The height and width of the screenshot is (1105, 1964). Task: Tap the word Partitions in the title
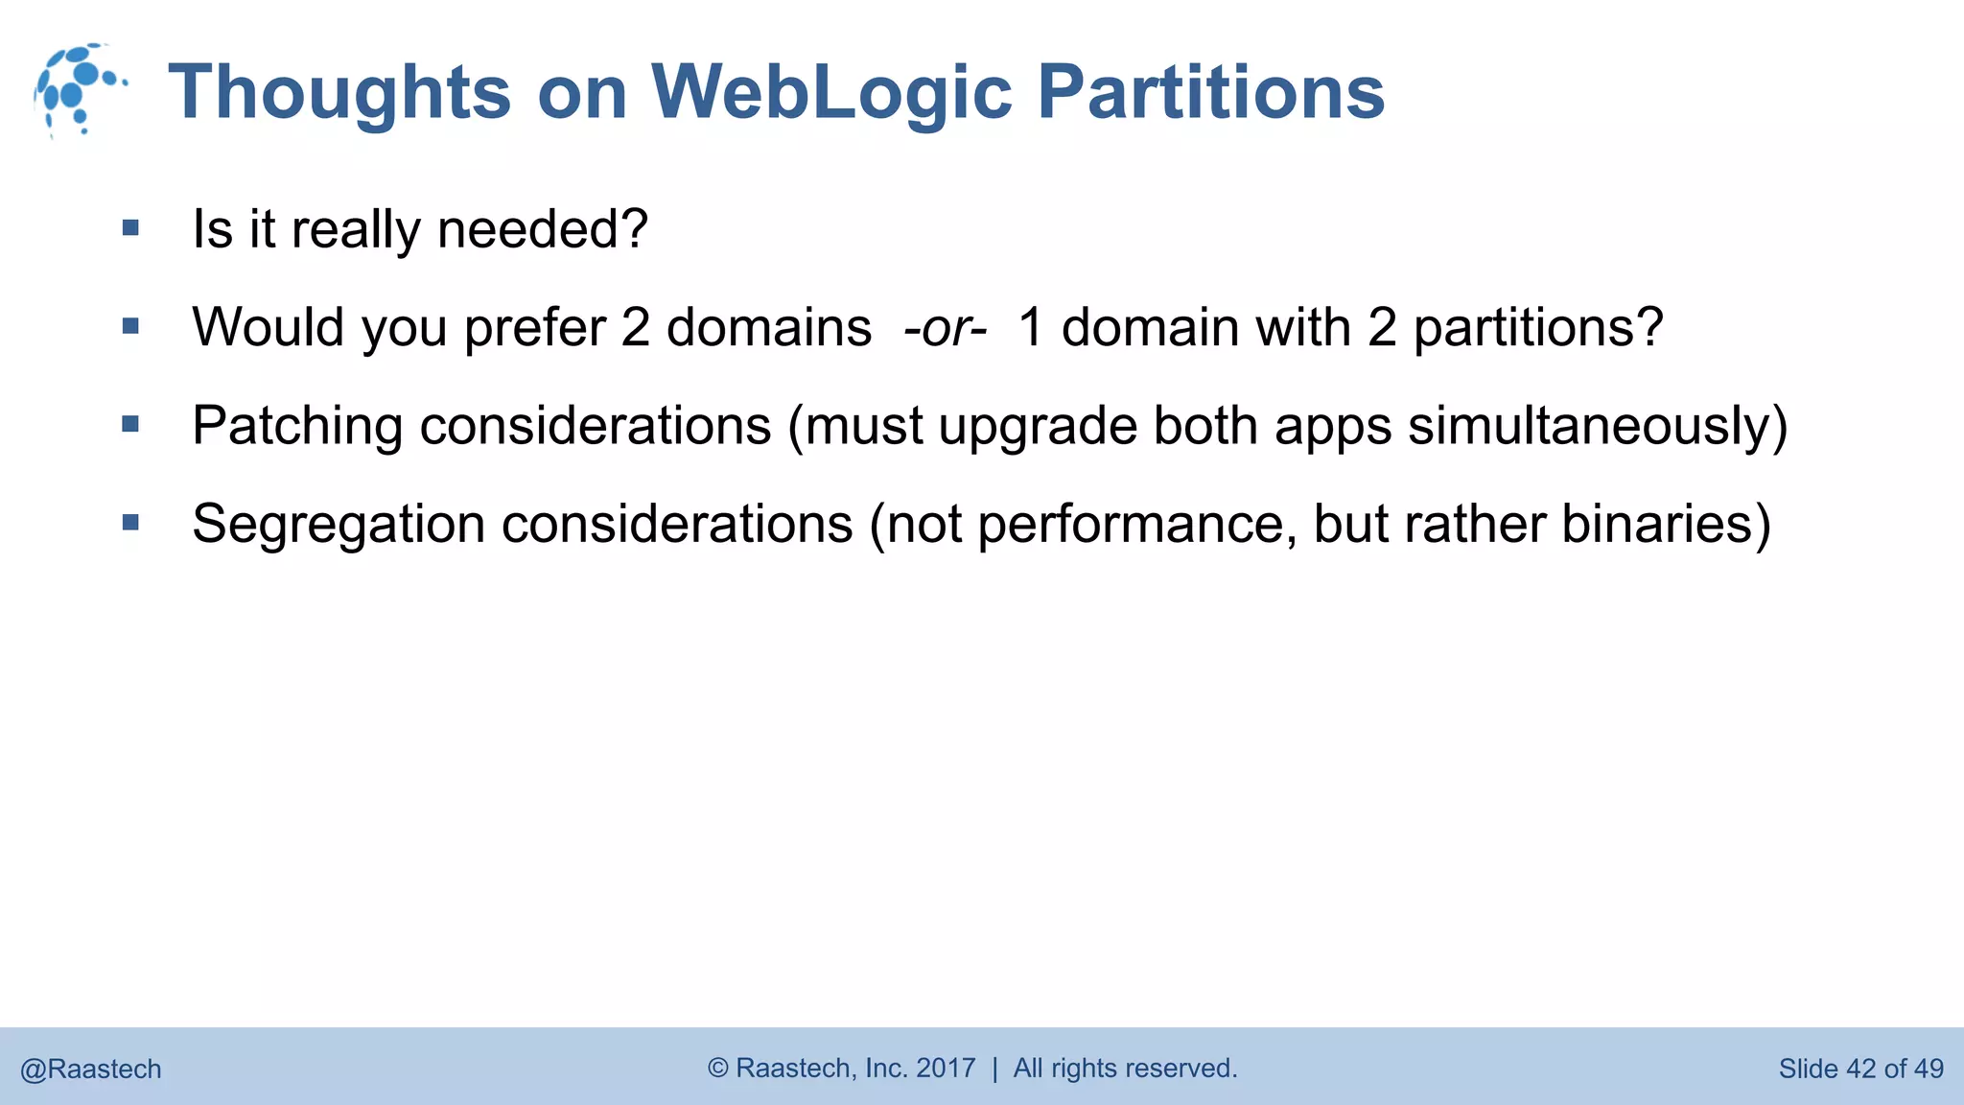pyautogui.click(x=1210, y=93)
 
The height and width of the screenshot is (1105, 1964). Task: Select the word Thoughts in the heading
pyautogui.click(x=339, y=93)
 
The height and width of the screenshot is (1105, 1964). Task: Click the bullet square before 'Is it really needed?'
pyautogui.click(x=131, y=228)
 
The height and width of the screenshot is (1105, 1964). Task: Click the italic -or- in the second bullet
pyautogui.click(x=945, y=328)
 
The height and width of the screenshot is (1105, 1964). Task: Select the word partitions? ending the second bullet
pyautogui.click(x=1538, y=328)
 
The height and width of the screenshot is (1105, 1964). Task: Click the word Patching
pyautogui.click(x=296, y=426)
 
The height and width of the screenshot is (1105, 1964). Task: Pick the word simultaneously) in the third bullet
pyautogui.click(x=1598, y=426)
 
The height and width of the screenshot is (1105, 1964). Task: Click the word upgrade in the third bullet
pyautogui.click(x=1038, y=426)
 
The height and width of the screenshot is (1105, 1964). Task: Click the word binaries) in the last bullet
pyautogui.click(x=1666, y=525)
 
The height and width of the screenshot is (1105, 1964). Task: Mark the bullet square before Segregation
pyautogui.click(x=131, y=523)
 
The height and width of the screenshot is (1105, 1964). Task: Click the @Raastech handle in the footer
pyautogui.click(x=91, y=1069)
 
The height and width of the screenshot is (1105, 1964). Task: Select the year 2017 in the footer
pyautogui.click(x=946, y=1068)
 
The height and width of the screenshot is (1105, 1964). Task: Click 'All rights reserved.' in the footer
pyautogui.click(x=1125, y=1068)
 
